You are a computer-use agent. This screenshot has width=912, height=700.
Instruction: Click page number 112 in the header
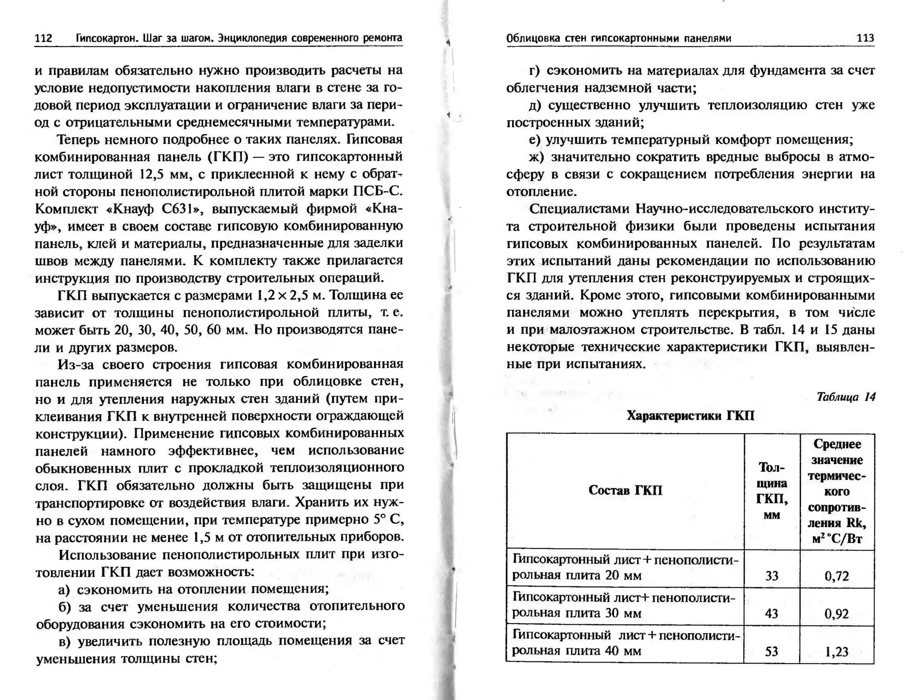coord(43,38)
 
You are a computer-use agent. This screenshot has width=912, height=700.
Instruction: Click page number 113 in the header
coord(865,38)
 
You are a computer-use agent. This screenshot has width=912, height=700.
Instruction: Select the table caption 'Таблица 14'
coord(846,397)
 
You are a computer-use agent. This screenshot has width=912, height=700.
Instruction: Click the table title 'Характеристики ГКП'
coord(690,415)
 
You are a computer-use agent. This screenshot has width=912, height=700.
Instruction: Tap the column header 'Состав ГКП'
coord(625,490)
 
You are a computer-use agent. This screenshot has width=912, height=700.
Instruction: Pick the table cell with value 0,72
coord(837,576)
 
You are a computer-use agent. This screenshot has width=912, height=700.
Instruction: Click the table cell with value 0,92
coord(837,614)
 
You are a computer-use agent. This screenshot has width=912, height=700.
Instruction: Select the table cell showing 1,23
coord(837,652)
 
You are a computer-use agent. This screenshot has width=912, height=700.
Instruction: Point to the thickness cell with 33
coord(772,576)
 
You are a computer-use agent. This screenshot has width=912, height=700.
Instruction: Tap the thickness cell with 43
coord(772,614)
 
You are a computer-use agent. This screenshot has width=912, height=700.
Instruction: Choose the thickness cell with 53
coord(772,652)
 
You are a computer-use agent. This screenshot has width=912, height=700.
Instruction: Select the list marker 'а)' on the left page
coord(64,590)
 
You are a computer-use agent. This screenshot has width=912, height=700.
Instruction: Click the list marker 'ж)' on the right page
coord(537,157)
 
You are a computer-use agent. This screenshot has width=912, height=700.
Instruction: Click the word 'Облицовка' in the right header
coord(532,38)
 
